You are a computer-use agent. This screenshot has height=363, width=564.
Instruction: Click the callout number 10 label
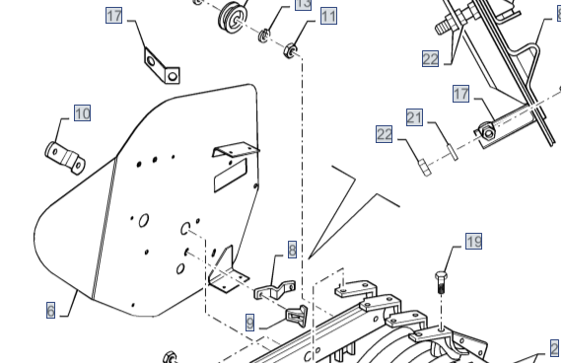click(x=82, y=113)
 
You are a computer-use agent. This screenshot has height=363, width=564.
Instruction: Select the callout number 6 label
click(x=50, y=310)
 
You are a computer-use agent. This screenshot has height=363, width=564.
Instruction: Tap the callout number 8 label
click(x=292, y=250)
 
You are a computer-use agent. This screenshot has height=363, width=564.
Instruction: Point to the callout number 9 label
click(x=250, y=323)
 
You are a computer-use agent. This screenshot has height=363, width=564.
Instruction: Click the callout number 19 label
click(x=473, y=242)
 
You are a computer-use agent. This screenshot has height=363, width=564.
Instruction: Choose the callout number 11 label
click(x=327, y=17)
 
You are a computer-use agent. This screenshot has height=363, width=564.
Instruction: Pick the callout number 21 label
click(x=414, y=118)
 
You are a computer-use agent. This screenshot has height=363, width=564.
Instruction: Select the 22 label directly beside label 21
click(x=385, y=135)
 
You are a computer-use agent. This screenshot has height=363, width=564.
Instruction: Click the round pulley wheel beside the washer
click(x=232, y=17)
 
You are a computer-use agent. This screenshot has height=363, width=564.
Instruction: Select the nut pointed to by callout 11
click(x=292, y=49)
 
